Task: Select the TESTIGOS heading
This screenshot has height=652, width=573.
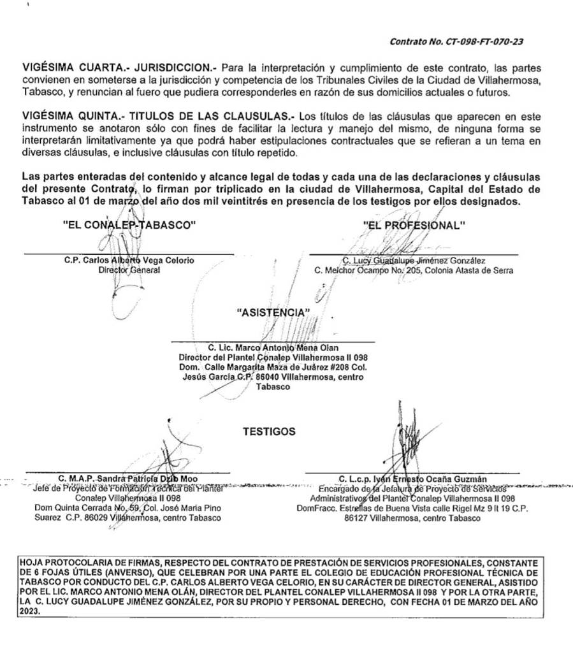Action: click(x=269, y=431)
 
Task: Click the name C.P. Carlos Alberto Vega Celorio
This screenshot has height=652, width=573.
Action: click(x=129, y=260)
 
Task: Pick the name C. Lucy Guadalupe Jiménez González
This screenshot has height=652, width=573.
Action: click(x=414, y=260)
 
